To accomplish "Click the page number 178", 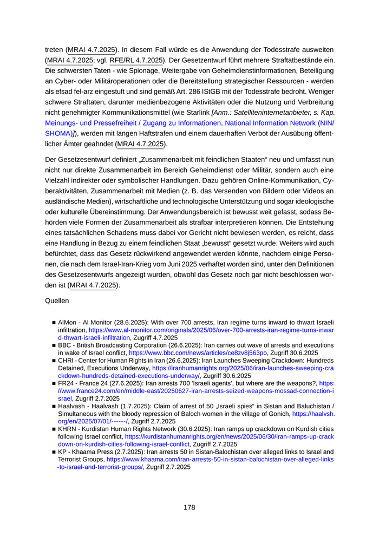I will point(189,507).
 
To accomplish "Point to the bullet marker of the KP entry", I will point(54,452).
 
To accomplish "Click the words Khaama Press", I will point(91,452).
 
